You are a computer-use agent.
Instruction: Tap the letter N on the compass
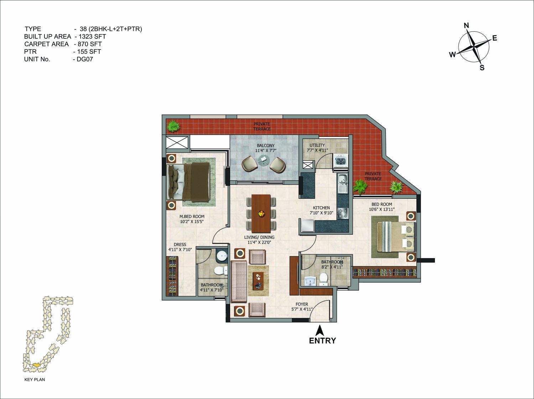point(466,25)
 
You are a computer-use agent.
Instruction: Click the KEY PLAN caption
point(35,379)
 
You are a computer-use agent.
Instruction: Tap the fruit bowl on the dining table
point(261,214)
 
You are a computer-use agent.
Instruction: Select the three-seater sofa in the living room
point(239,281)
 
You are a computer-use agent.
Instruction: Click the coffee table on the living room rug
point(258,281)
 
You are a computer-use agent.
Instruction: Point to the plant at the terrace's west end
point(173,127)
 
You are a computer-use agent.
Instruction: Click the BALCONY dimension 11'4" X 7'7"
point(266,150)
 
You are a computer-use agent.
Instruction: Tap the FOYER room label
point(302,304)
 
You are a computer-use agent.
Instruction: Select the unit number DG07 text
point(85,59)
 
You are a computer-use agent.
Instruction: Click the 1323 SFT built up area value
point(92,37)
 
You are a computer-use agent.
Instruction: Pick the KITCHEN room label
point(321,208)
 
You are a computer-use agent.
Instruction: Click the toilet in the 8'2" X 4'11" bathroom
point(323,280)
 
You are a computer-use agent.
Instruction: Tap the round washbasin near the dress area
point(222,256)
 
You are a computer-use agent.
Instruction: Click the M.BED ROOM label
point(192,216)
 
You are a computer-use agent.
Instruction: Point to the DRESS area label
point(180,245)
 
